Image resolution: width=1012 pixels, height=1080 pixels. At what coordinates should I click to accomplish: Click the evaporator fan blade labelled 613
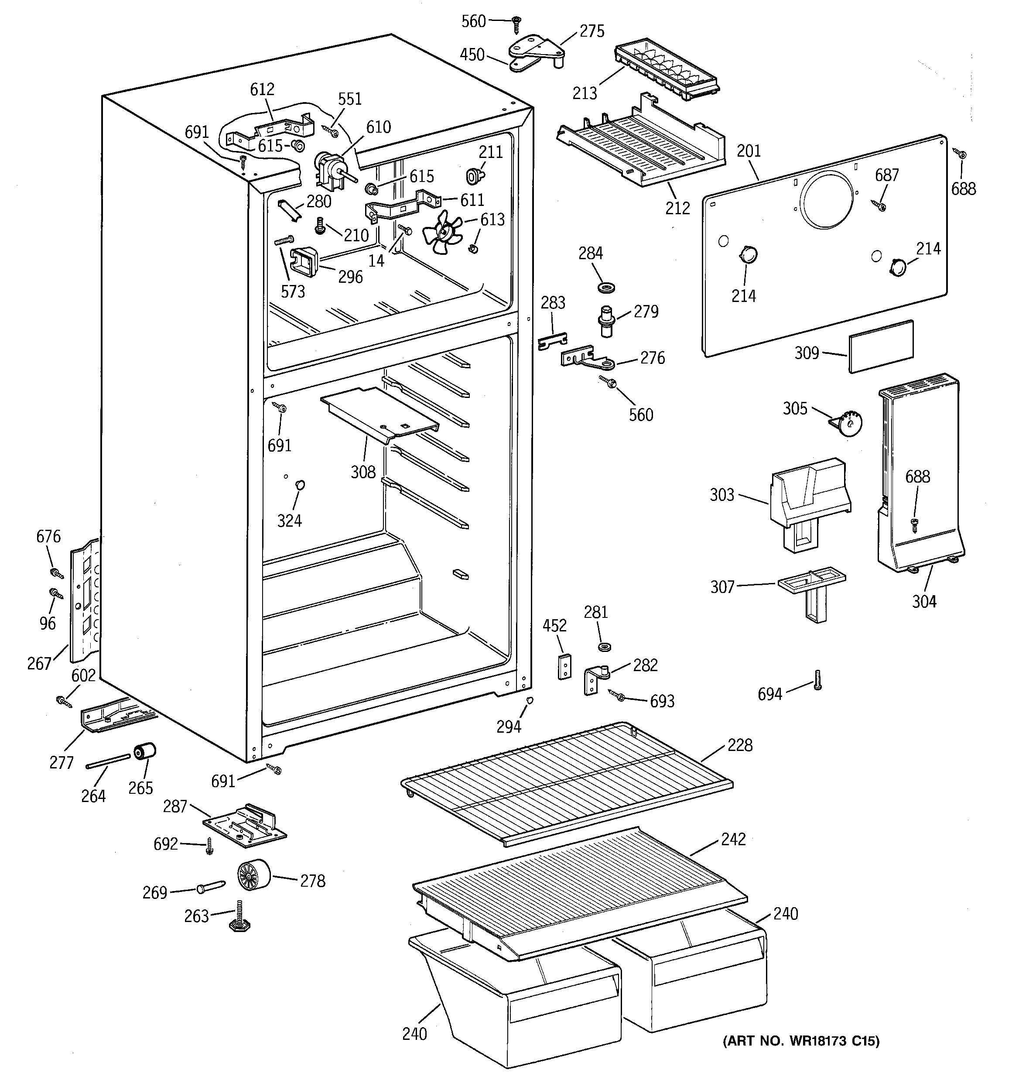(x=441, y=233)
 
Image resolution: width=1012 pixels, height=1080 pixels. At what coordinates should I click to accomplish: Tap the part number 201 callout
(x=749, y=151)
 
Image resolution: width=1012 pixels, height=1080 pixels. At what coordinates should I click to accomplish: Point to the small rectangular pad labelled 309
(x=881, y=346)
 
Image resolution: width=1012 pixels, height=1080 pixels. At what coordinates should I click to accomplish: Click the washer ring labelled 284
(x=605, y=286)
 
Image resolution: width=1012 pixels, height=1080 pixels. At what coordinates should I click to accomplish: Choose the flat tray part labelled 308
(x=379, y=414)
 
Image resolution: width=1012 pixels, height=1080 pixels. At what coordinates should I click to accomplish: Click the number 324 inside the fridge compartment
(x=289, y=521)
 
